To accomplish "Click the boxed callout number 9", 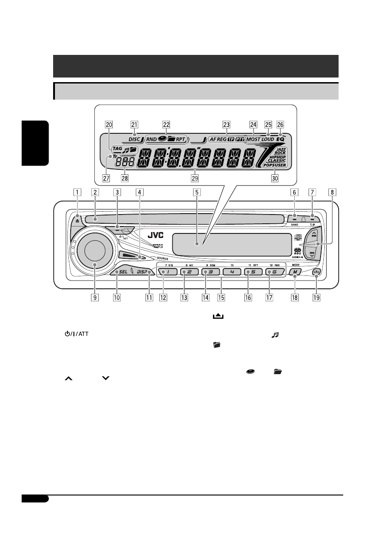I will pos(95,298).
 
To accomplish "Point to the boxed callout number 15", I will pos(221,298).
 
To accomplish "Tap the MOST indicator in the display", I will pos(253,138).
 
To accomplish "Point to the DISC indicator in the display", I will pos(134,138).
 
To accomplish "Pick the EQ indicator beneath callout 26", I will pos(280,138).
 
